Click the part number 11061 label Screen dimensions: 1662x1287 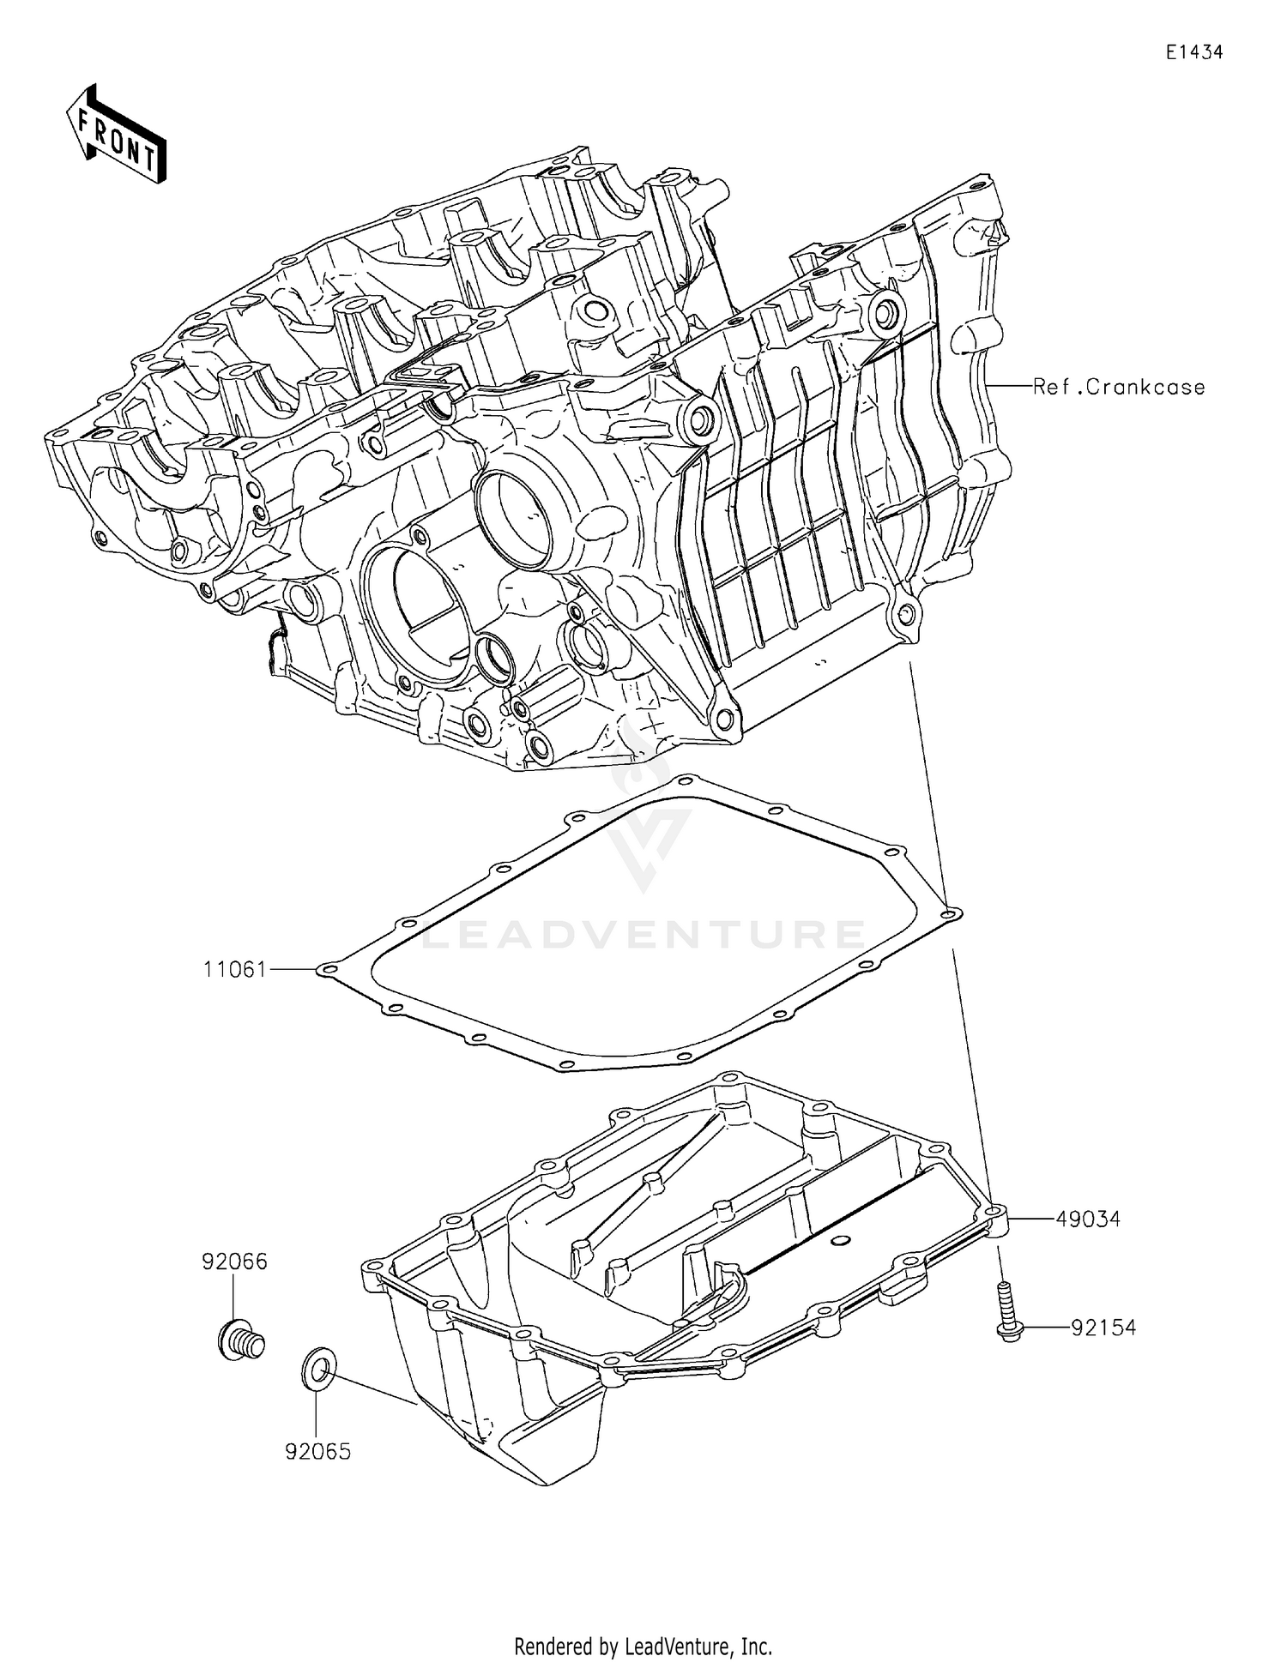tap(234, 970)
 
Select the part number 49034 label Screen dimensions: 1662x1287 tap(1087, 1219)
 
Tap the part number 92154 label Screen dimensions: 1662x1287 tap(1103, 1328)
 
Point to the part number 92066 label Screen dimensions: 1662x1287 tap(234, 1262)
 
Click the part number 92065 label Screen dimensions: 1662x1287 tap(317, 1452)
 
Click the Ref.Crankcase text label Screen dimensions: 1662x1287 tap(1118, 387)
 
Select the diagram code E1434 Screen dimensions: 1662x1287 tap(1193, 52)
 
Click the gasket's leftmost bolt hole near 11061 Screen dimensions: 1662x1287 tap(323, 971)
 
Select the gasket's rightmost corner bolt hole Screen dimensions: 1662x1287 tap(947, 915)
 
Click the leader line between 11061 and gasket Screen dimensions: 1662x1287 tap(292, 969)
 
